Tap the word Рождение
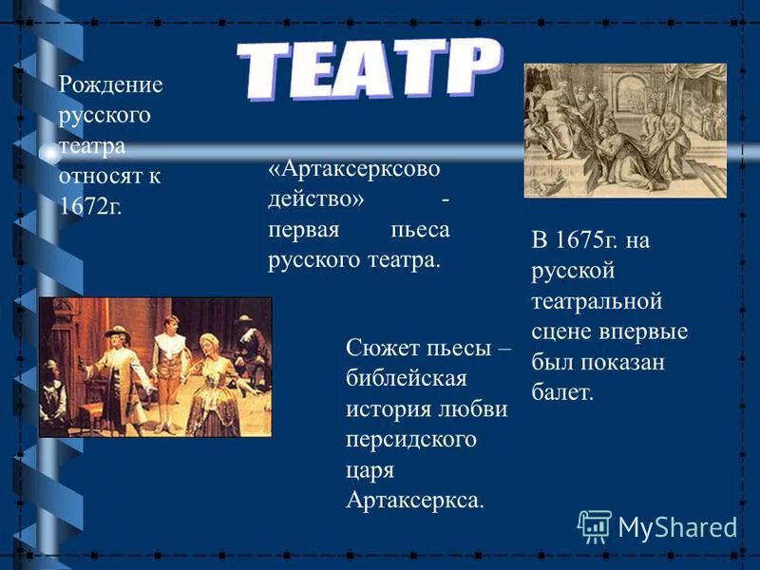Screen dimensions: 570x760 click(111, 85)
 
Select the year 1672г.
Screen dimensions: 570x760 click(90, 207)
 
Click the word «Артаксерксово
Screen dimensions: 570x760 click(354, 168)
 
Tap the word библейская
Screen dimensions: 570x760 click(407, 378)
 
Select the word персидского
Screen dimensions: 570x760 click(411, 439)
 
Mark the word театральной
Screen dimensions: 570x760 click(596, 301)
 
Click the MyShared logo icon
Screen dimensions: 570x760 click(594, 525)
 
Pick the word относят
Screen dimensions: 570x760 click(104, 177)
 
